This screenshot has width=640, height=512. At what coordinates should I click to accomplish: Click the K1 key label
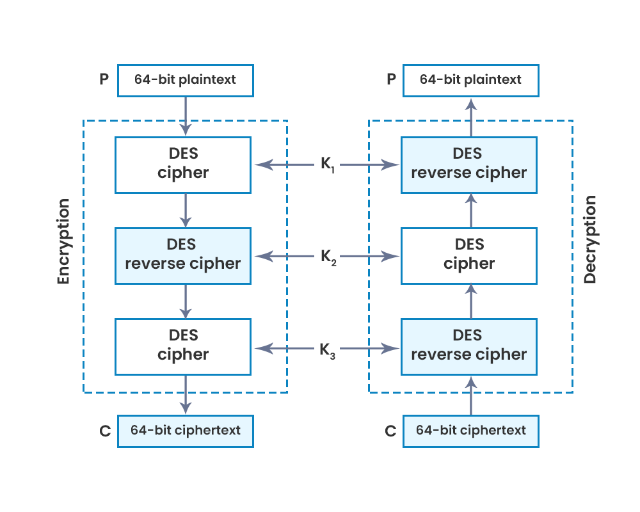tap(328, 164)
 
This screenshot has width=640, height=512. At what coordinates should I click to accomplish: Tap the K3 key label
tap(328, 349)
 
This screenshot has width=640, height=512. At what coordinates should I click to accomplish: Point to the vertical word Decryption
tap(590, 239)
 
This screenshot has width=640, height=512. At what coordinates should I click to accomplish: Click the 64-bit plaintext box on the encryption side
tap(185, 80)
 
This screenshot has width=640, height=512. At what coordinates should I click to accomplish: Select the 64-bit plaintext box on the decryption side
tap(470, 80)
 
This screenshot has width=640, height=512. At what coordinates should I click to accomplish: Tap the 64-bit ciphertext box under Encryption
tap(185, 431)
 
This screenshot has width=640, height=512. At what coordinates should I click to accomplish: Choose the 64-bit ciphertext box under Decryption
tap(470, 431)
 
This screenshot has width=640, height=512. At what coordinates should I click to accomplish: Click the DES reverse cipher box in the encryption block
tap(183, 255)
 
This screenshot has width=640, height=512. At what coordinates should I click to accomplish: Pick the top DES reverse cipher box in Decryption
tap(469, 164)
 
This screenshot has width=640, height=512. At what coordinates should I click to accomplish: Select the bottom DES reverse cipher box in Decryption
tap(469, 346)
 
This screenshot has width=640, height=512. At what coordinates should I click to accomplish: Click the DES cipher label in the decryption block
tap(469, 255)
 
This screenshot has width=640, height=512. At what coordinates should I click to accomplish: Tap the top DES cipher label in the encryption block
tap(184, 164)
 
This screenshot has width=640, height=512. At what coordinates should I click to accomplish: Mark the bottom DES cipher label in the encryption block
tap(184, 346)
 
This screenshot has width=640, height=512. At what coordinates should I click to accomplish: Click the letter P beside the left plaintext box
tap(104, 79)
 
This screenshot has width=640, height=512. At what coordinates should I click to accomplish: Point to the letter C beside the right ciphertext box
tap(390, 431)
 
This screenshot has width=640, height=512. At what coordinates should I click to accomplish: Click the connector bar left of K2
tap(284, 257)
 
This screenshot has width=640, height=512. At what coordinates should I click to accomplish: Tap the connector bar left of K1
tap(284, 164)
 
